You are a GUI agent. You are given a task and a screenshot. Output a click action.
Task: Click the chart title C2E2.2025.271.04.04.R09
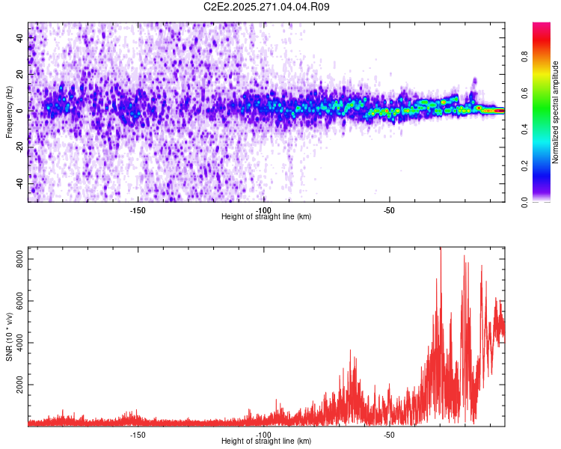click(267, 7)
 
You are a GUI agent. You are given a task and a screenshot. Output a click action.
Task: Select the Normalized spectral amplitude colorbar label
click(556, 112)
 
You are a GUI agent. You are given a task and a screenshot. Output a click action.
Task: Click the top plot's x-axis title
click(266, 216)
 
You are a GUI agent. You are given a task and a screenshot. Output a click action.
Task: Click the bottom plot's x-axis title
click(266, 441)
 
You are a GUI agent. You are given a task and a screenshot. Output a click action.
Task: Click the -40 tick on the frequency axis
click(19, 184)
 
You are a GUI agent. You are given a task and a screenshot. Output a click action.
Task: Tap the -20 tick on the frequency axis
click(19, 147)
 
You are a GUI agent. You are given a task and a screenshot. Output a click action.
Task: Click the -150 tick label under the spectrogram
click(138, 210)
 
